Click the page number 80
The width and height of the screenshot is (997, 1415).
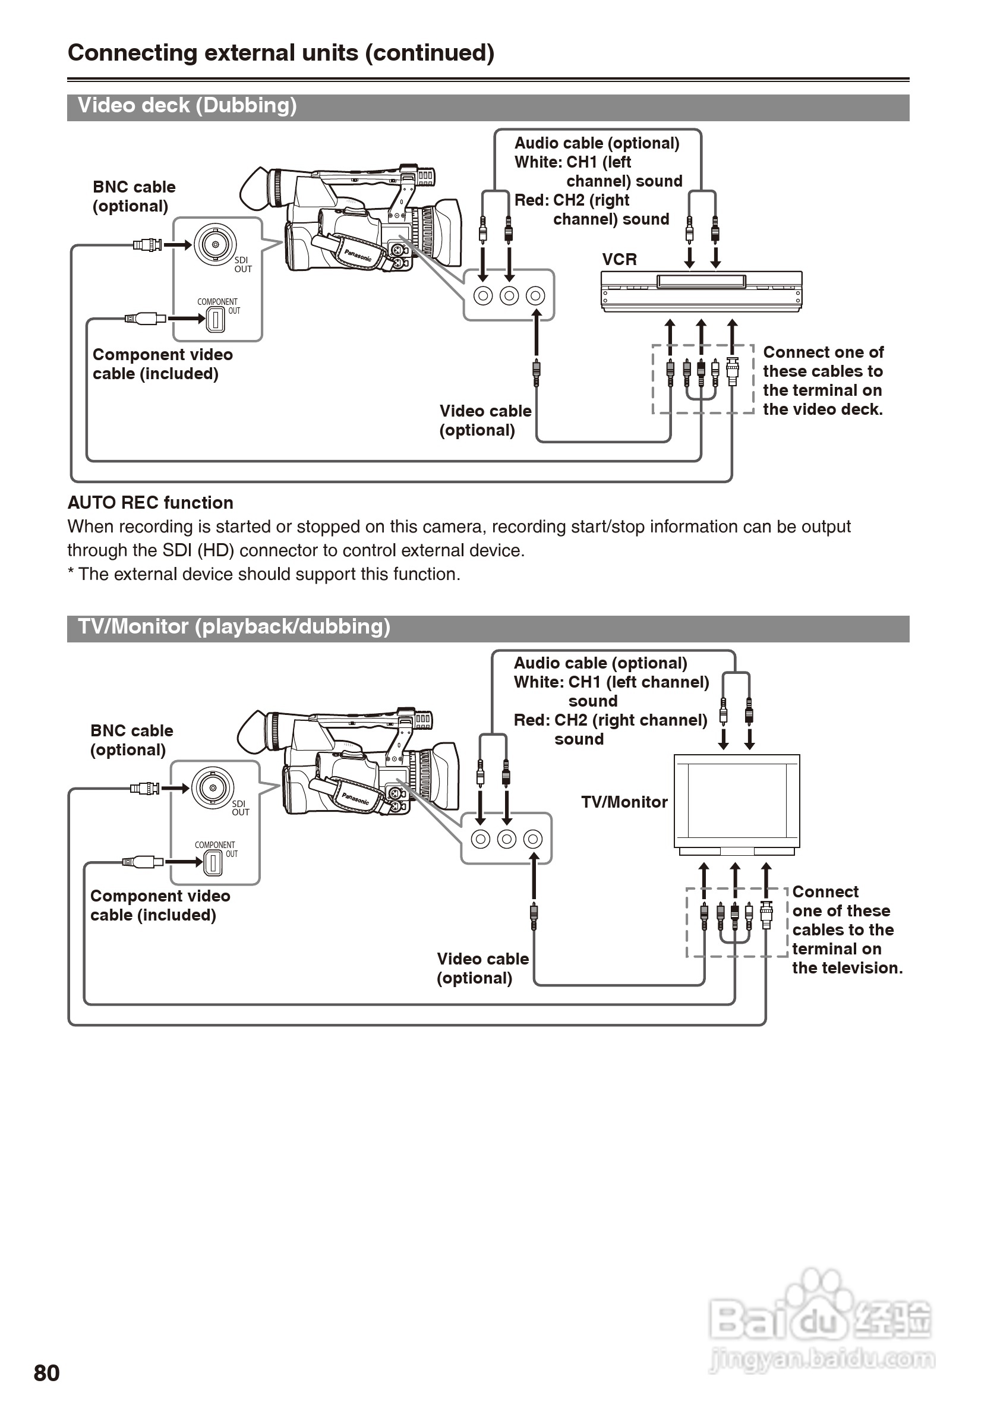tap(47, 1373)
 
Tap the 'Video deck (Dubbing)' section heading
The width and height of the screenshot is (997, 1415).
tap(187, 105)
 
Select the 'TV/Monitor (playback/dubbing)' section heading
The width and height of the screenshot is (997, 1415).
tap(234, 627)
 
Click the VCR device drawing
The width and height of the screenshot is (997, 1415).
tap(702, 292)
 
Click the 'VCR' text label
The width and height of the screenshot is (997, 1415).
tap(619, 260)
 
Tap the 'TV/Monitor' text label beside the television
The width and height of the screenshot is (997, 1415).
tap(624, 802)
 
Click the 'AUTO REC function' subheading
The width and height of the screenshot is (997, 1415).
tap(150, 503)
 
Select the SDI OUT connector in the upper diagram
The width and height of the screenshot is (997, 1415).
tap(215, 245)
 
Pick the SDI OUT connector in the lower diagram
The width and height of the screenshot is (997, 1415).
tap(213, 787)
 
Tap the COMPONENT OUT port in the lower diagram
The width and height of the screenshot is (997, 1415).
tap(213, 862)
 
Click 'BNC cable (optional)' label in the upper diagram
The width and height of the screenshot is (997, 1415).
tap(134, 197)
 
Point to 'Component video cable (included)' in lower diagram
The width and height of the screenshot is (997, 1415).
tap(160, 905)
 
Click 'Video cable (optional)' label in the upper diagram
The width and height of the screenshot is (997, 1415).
tap(485, 420)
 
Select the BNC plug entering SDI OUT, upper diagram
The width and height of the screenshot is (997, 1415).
tap(148, 245)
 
